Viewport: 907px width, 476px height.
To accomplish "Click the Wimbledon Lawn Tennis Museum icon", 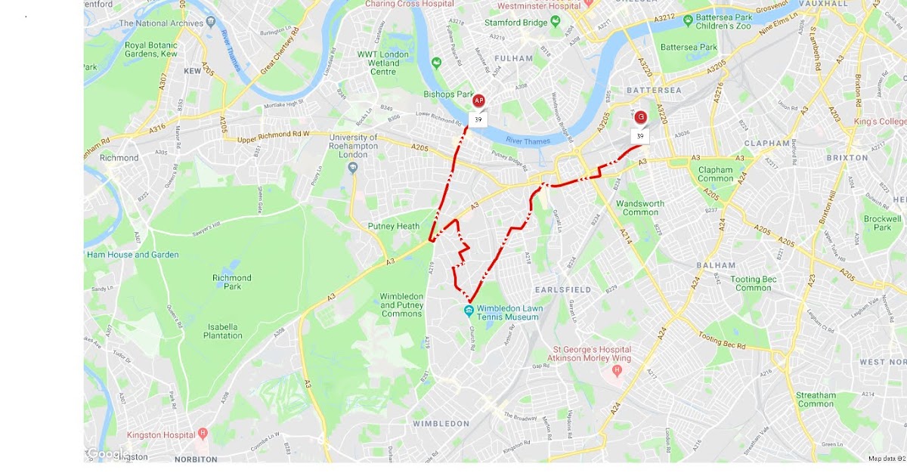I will tap(469, 310).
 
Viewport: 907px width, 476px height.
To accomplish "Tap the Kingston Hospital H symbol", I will tap(203, 434).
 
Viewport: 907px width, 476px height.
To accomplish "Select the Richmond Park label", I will tap(231, 283).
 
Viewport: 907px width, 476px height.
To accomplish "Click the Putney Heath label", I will tap(393, 226).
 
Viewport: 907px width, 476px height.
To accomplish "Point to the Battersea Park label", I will tap(688, 47).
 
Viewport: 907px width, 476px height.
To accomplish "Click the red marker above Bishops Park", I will tap(478, 100).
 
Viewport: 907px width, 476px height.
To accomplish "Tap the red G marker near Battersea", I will tap(640, 117).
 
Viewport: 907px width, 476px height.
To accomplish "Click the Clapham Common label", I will tap(715, 175).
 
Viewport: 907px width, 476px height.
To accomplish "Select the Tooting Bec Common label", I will tap(753, 283).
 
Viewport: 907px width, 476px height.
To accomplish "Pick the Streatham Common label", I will tap(816, 400).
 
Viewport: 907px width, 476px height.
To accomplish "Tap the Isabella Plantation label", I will tap(221, 331).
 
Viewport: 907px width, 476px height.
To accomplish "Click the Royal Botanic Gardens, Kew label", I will tap(151, 50).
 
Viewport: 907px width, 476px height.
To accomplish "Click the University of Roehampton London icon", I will tap(354, 168).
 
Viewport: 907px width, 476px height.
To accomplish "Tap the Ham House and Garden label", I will tap(132, 255).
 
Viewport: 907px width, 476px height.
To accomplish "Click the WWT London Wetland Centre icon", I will tap(436, 63).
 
